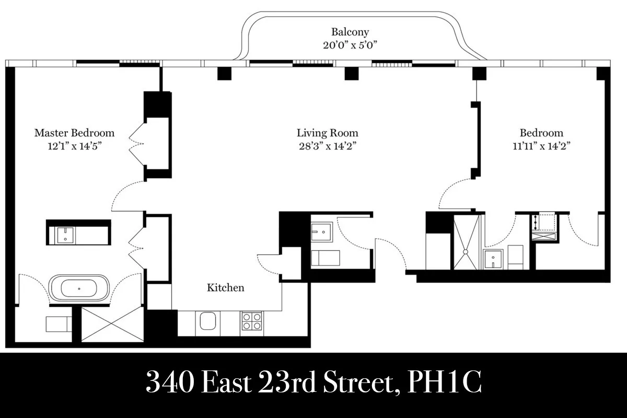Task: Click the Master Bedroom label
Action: [x=74, y=133]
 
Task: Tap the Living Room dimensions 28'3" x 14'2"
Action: [x=327, y=146]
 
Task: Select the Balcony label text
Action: [x=350, y=32]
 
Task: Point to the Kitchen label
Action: [x=225, y=288]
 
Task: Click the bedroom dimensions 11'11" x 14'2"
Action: [x=541, y=146]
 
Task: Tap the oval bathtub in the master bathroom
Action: [x=79, y=288]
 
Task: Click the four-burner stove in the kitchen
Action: [x=252, y=320]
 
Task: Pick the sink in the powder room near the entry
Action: [x=321, y=230]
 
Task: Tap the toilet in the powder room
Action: [x=325, y=258]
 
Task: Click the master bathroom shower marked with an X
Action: [x=112, y=324]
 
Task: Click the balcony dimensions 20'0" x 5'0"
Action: [x=350, y=45]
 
